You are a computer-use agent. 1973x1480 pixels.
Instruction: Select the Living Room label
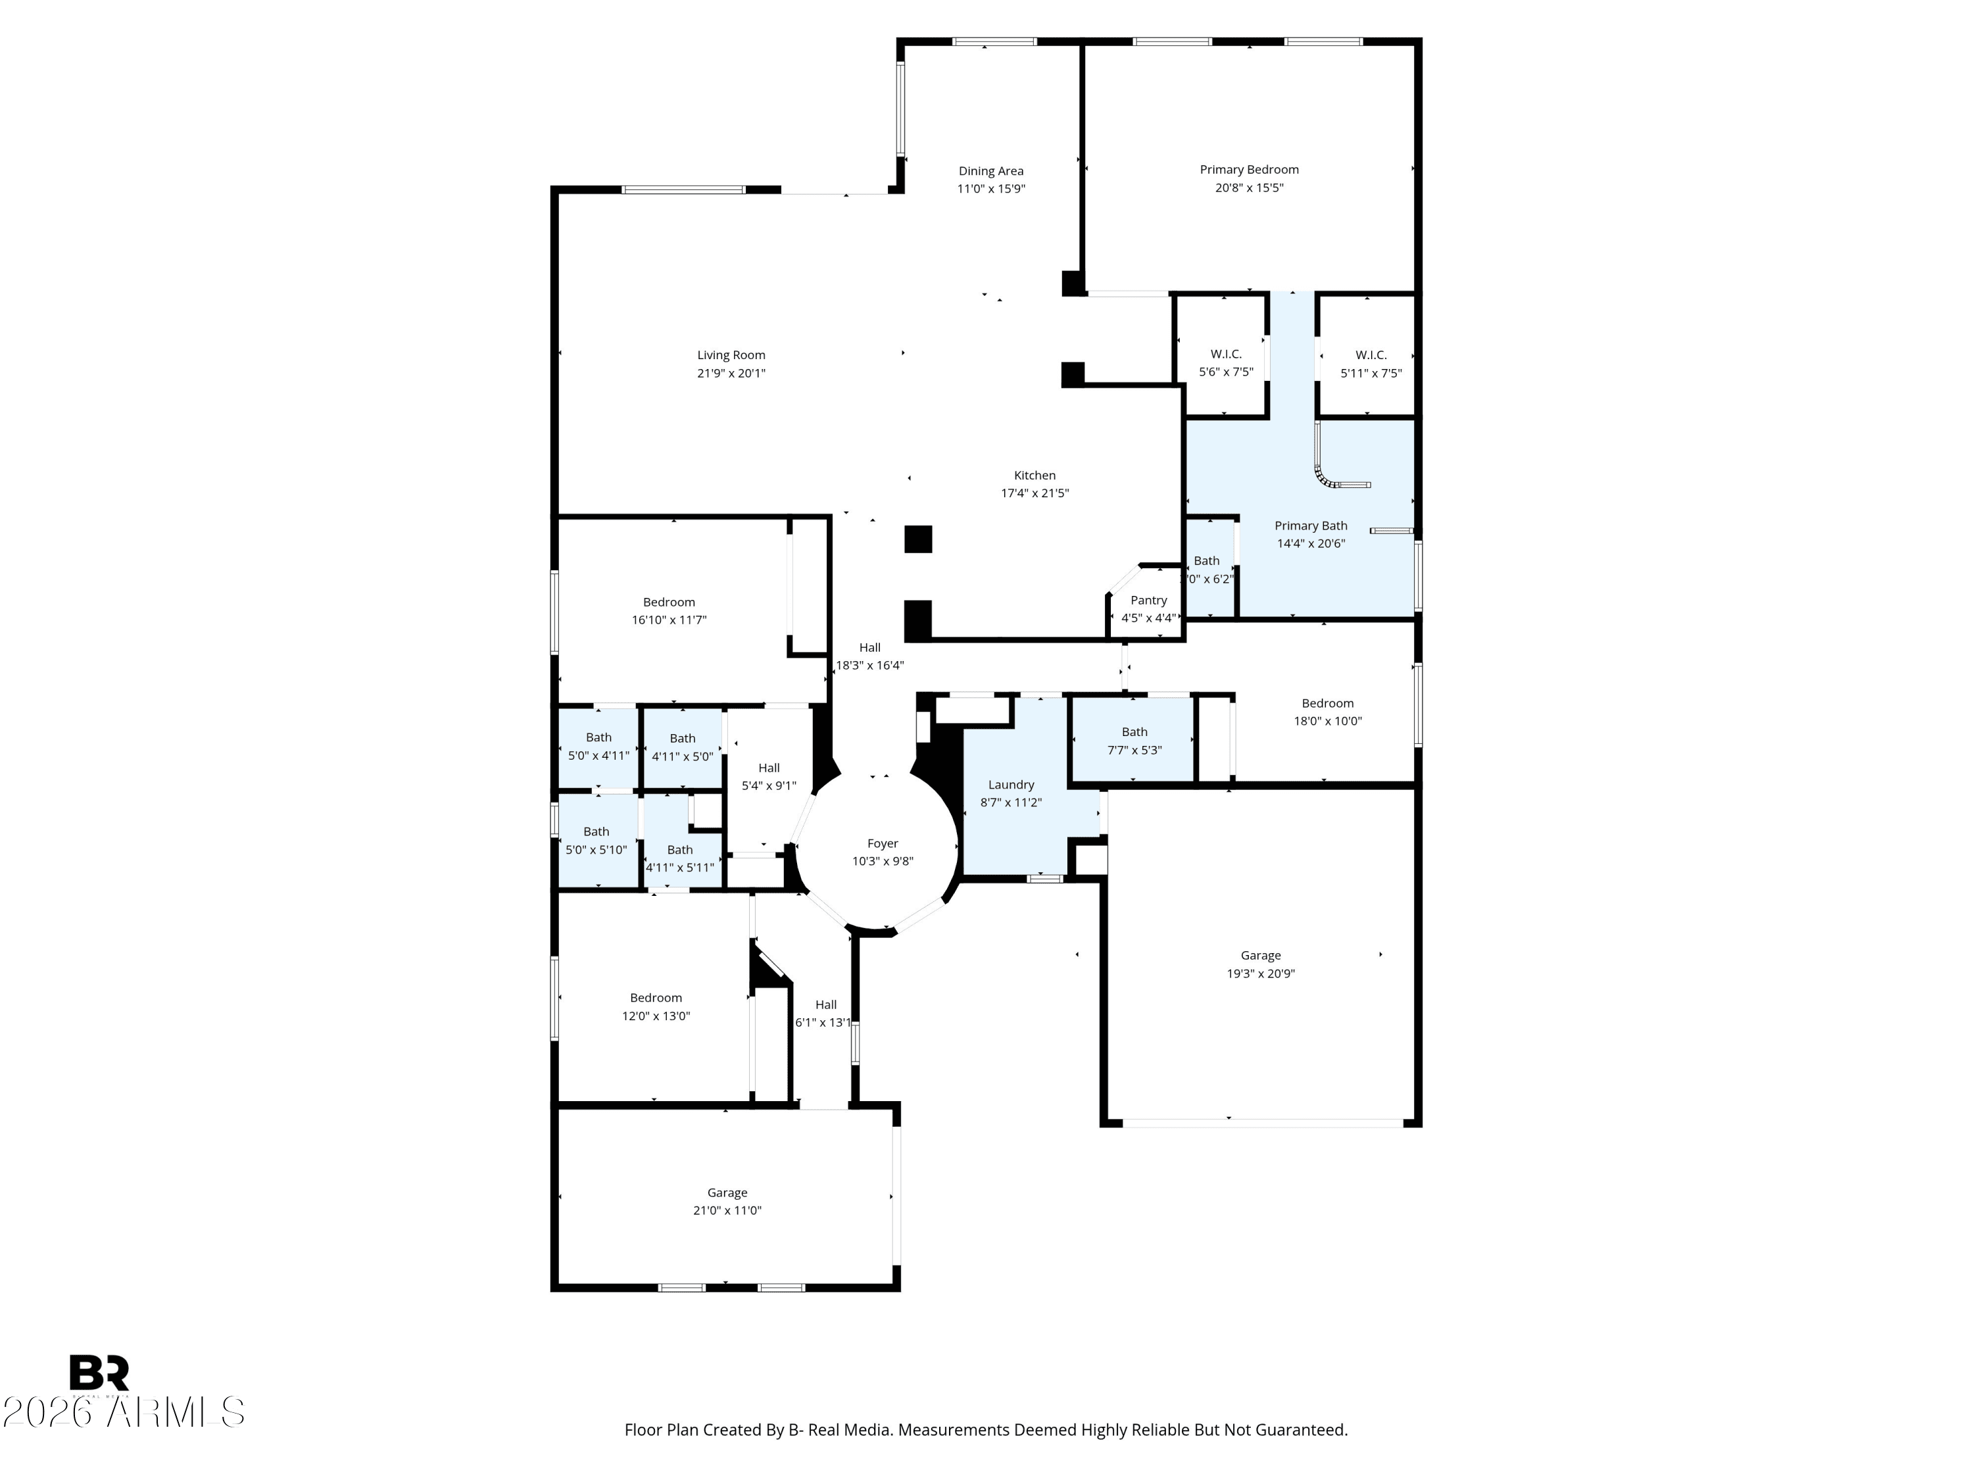pos(731,355)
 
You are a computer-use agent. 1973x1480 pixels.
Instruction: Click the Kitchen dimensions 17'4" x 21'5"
pos(1034,493)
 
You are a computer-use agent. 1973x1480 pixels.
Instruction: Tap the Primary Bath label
pos(1310,526)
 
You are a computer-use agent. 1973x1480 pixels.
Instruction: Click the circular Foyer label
pos(882,844)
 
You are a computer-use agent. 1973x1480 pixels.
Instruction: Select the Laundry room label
pos(1011,785)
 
